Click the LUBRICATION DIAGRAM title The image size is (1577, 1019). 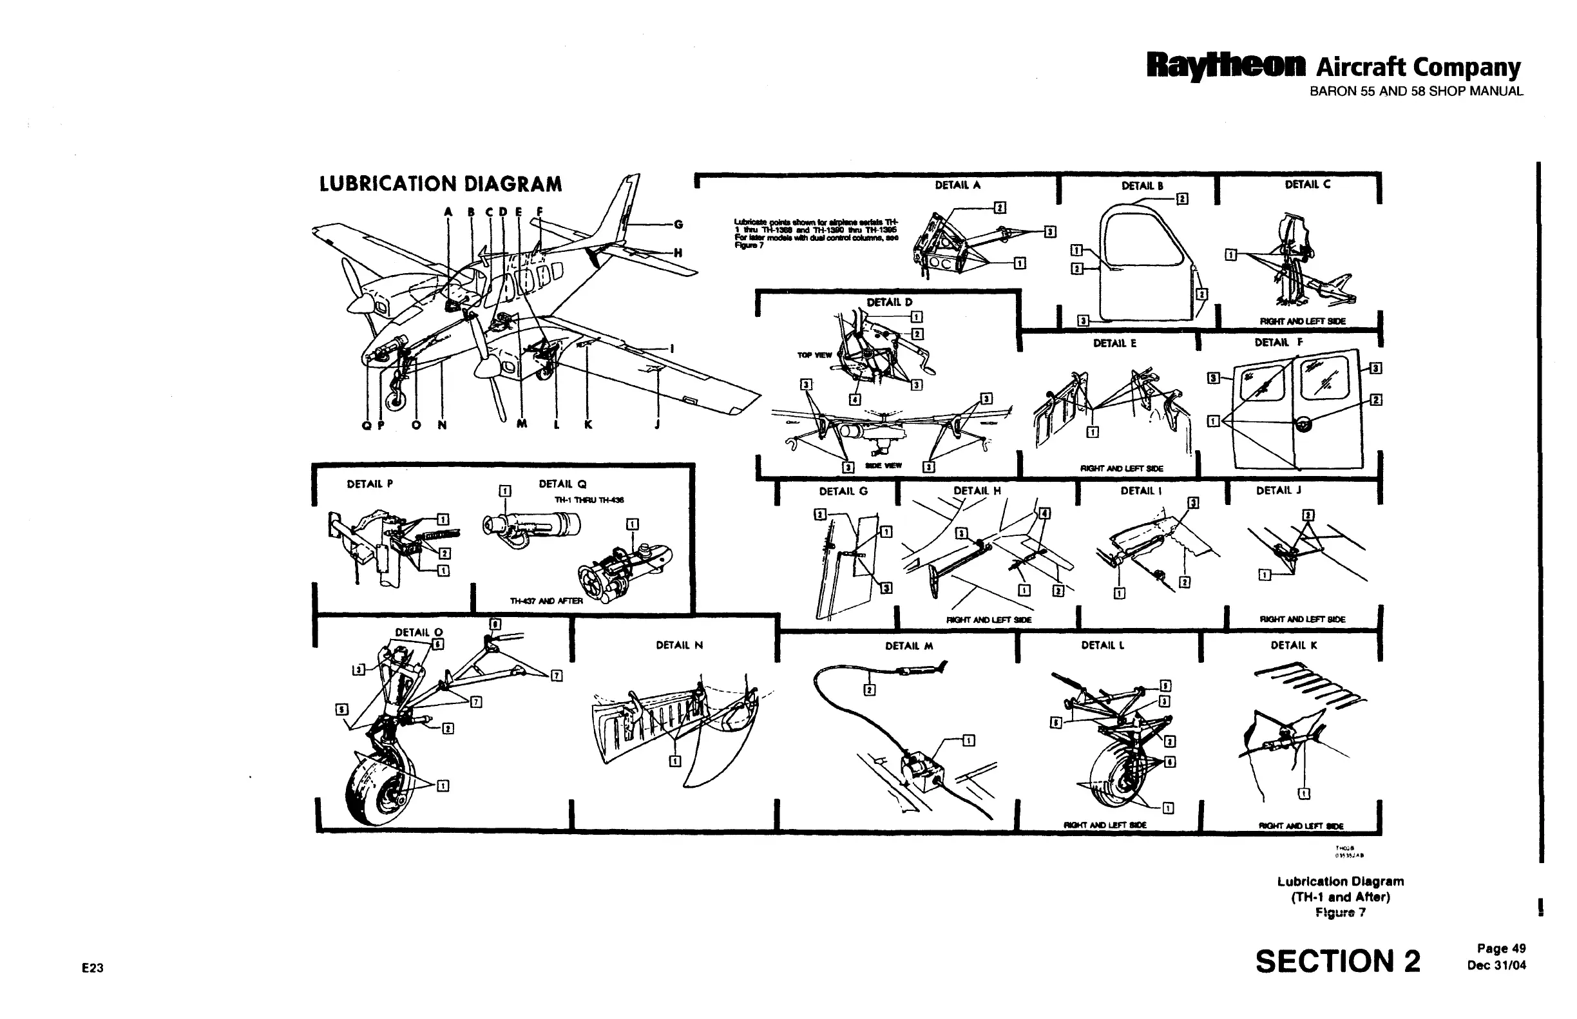click(440, 184)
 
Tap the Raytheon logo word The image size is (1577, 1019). click(1226, 66)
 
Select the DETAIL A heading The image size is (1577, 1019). click(957, 186)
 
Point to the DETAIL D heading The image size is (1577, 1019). click(890, 302)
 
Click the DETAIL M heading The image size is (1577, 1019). click(908, 646)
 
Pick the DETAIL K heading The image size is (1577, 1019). click(1293, 645)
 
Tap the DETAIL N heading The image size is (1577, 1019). click(679, 645)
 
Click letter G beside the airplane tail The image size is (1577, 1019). click(678, 224)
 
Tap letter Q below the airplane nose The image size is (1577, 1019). click(366, 425)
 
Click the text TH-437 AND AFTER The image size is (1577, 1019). click(546, 601)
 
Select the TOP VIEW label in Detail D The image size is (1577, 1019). click(814, 356)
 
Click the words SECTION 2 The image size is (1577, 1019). click(1337, 962)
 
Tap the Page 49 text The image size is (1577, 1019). click(1501, 949)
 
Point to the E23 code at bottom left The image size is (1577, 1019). click(93, 968)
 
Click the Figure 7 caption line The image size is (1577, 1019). click(1340, 913)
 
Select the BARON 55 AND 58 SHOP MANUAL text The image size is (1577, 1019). click(1416, 91)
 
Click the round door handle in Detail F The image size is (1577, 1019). click(1303, 424)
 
